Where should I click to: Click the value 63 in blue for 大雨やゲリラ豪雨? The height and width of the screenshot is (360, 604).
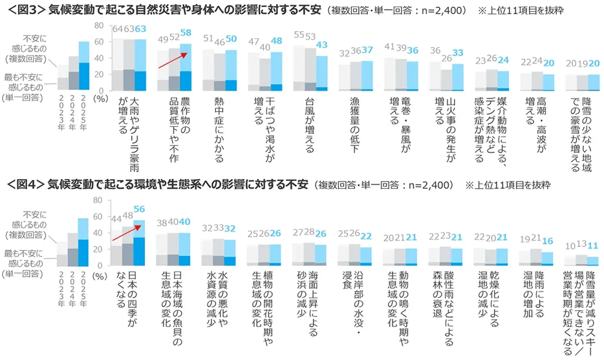click(x=139, y=28)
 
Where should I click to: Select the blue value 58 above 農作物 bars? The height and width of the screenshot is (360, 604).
click(x=186, y=32)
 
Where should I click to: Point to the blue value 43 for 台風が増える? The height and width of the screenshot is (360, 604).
click(x=321, y=45)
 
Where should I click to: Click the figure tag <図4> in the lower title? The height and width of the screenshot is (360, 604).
click(x=24, y=185)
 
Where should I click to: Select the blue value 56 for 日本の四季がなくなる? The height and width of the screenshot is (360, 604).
click(x=139, y=209)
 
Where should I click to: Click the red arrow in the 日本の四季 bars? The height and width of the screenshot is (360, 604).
click(x=126, y=233)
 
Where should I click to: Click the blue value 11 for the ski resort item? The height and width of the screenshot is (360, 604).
click(x=593, y=246)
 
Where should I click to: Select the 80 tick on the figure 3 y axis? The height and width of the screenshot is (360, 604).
click(x=99, y=26)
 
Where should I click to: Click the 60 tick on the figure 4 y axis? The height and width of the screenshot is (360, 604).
click(x=99, y=216)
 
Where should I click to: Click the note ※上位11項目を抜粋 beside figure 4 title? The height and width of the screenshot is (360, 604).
click(x=507, y=185)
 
